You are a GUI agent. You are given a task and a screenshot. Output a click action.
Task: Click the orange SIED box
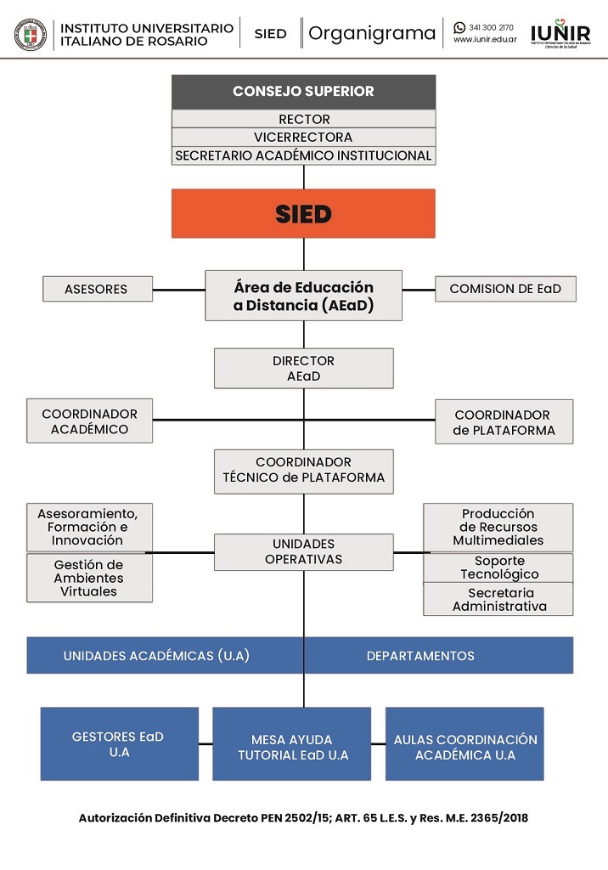303,213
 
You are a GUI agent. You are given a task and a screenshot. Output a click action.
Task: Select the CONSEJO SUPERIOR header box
303,92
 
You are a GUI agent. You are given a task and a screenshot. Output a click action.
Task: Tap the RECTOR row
303,119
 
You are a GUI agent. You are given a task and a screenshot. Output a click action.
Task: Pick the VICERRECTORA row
303,137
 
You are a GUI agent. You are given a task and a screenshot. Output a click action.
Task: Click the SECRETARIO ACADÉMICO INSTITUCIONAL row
303,155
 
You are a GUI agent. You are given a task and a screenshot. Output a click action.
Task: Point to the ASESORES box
98,289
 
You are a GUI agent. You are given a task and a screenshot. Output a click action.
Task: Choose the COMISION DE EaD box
505,289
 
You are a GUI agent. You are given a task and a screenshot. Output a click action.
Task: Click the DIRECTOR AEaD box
304,369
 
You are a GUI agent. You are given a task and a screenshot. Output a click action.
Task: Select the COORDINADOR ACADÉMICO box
89,421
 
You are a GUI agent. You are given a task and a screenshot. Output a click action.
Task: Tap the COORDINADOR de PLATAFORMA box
504,421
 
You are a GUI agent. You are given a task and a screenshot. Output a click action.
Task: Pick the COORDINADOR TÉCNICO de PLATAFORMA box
304,472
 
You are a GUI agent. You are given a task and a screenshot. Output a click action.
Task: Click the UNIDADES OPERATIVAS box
304,552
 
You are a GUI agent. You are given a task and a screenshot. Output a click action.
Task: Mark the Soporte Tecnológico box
498,568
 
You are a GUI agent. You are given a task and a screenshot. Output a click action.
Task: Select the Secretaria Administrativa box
498,599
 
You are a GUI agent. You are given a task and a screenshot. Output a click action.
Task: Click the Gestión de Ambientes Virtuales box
89,578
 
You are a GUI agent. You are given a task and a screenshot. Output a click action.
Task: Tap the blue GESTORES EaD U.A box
119,743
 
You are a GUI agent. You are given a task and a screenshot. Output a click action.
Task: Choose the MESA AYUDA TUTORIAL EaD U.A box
292,743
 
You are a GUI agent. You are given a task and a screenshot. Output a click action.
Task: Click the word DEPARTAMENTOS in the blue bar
420,656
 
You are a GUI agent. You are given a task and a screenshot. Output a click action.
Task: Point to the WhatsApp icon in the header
459,27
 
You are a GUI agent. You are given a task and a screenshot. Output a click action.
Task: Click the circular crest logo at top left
31,34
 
